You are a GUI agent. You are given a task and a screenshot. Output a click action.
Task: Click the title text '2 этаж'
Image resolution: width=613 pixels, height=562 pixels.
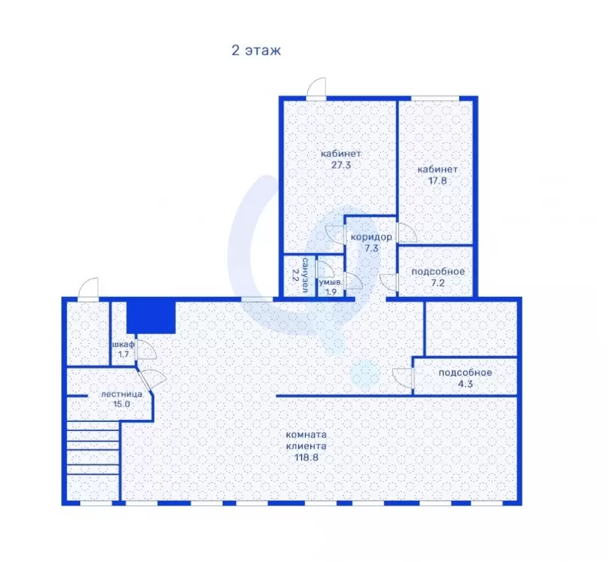[x=256, y=50]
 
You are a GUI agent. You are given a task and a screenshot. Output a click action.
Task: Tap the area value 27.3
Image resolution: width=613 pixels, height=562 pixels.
[x=341, y=165]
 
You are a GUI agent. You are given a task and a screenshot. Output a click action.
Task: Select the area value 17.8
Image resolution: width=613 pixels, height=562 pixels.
[x=438, y=181]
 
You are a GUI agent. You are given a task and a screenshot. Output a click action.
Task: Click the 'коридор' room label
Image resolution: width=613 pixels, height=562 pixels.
[x=371, y=237]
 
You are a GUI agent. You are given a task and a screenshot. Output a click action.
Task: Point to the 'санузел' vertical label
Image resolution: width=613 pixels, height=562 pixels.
[x=305, y=275]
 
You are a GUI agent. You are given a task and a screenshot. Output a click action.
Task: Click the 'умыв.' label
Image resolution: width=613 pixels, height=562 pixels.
[x=331, y=282]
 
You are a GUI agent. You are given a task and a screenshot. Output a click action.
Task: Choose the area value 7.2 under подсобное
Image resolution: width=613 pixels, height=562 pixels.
[x=438, y=283]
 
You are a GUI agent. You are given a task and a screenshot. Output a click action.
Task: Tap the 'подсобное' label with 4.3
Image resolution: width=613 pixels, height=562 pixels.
[x=465, y=373]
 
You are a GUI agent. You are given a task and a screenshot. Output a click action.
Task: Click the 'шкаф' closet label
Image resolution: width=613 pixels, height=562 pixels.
[x=123, y=345]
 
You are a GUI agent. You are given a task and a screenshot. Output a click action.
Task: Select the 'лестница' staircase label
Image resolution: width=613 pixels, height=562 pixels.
[x=121, y=394]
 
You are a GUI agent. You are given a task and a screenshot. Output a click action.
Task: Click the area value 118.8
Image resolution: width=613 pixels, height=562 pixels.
[x=306, y=457]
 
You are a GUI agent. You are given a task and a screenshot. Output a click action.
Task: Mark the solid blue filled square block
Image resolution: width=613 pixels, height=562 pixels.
[x=151, y=317]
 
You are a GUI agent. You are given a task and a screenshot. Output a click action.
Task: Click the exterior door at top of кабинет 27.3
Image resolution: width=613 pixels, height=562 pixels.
[x=316, y=89]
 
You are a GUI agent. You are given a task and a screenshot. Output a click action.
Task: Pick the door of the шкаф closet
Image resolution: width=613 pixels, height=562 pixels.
[x=145, y=350]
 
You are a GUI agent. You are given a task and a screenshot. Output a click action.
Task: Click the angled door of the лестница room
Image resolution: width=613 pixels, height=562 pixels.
[x=151, y=379]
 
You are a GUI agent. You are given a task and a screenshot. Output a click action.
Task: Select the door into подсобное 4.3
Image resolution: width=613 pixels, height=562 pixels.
[x=403, y=378]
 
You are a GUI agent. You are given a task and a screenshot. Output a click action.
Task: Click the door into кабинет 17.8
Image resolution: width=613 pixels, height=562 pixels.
[x=406, y=233]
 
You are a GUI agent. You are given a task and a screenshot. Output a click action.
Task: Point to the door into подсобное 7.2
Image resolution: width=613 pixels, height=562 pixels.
[x=389, y=282]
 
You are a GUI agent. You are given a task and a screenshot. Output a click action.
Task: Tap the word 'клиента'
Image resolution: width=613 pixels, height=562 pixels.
[x=306, y=446]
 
